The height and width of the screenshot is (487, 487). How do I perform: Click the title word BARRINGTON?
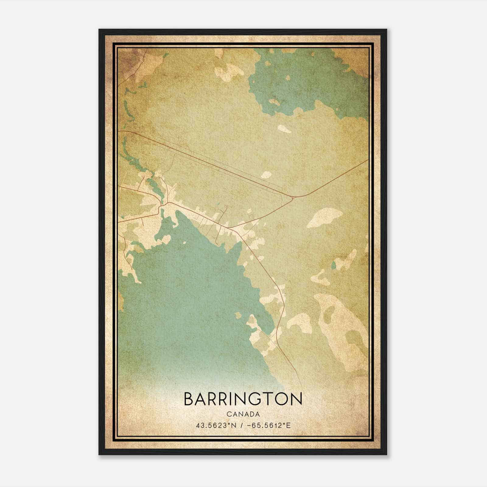[243, 399]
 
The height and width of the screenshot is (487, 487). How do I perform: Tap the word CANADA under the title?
[243, 414]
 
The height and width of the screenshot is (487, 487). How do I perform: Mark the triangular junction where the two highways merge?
[293, 198]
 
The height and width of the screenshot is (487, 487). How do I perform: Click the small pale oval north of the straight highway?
[267, 175]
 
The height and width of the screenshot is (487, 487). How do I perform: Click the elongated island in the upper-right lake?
[275, 102]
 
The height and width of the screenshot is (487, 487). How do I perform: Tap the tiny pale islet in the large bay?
[185, 243]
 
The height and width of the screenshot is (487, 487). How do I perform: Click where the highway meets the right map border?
[368, 160]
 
